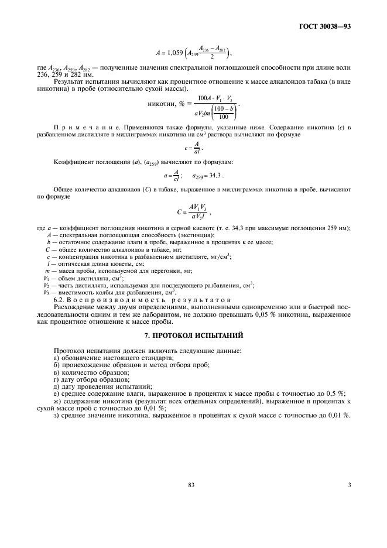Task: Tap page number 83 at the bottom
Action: point(191,484)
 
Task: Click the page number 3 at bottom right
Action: point(349,484)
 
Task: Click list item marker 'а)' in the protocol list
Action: point(56,357)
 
